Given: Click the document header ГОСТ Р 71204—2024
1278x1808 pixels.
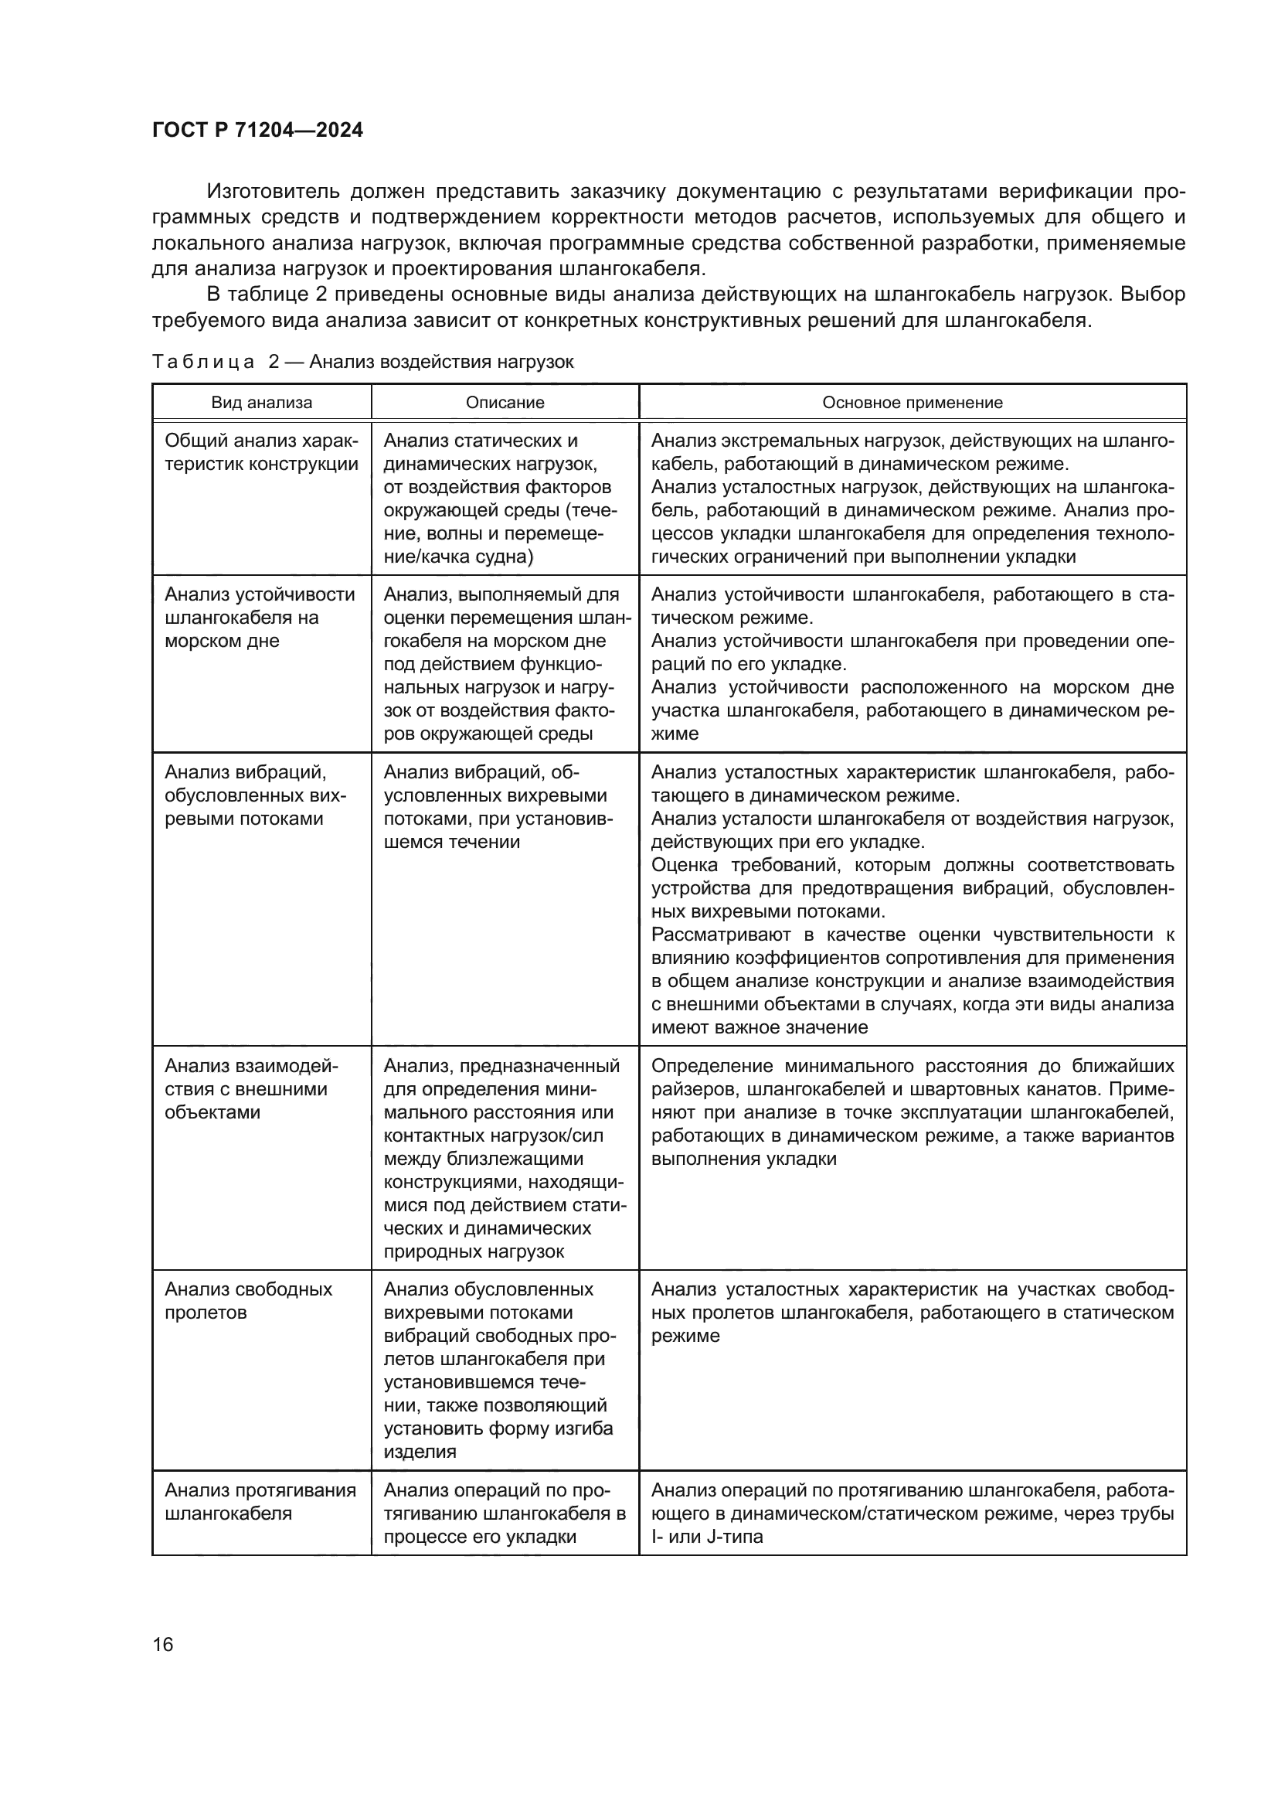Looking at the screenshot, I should [x=257, y=131].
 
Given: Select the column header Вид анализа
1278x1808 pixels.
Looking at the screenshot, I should [x=261, y=403].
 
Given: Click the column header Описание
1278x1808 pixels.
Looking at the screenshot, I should [x=505, y=403].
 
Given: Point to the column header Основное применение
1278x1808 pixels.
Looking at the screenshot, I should [x=912, y=403].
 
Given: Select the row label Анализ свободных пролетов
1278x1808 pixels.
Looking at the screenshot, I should [x=248, y=1301].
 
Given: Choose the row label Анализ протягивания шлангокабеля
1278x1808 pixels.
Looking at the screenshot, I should [x=260, y=1502].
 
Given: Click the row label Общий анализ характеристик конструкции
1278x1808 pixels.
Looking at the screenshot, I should [x=260, y=452].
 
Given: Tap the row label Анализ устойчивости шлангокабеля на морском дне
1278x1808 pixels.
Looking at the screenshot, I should [x=259, y=618].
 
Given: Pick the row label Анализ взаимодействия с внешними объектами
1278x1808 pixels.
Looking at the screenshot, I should [x=250, y=1089].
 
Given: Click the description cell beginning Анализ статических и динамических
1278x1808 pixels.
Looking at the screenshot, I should [x=500, y=499].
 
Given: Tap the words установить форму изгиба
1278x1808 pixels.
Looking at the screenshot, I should [x=498, y=1428].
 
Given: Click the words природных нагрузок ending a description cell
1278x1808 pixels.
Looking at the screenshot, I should [x=474, y=1252].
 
